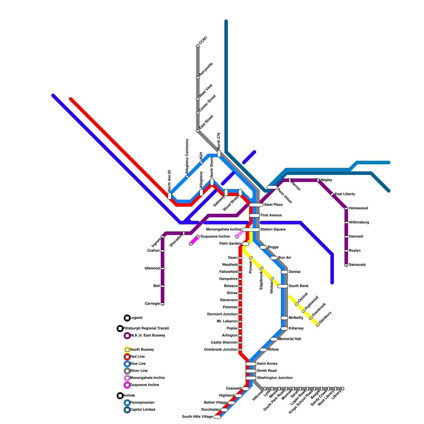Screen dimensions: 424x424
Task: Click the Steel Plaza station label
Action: click(273, 205)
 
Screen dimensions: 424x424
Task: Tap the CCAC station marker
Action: click(198, 46)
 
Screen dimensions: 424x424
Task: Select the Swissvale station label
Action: click(357, 265)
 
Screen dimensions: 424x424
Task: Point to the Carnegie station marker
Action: click(162, 304)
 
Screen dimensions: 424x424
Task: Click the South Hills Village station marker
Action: click(217, 417)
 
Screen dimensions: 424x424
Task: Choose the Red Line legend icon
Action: click(127, 357)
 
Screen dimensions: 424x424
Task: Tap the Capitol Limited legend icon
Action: click(127, 410)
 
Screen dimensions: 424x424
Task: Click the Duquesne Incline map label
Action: click(215, 237)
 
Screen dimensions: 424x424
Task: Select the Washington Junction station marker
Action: click(251, 378)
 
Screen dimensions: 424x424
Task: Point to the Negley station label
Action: click(326, 180)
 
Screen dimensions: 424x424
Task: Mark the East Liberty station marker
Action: click(332, 194)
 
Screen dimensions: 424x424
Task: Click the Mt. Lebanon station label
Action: click(227, 321)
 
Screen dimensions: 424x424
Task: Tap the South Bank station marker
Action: click(283, 286)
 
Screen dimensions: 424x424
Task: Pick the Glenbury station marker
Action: click(318, 325)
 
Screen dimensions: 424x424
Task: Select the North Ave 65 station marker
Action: click(170, 196)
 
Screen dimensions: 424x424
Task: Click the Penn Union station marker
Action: click(272, 187)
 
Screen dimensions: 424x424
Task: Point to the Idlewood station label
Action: click(152, 268)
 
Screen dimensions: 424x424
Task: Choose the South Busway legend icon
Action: click(127, 350)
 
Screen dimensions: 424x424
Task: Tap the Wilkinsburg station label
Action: click(359, 223)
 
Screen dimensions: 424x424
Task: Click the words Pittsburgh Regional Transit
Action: click(146, 329)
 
